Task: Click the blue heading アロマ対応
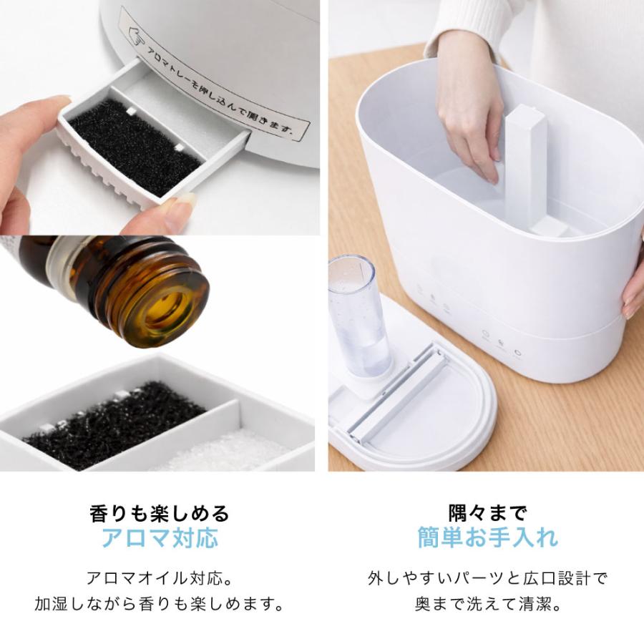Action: (160, 537)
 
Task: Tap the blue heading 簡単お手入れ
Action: (487, 537)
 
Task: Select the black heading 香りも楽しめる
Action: (160, 512)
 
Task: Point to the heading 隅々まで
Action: (487, 512)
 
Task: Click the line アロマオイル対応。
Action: (160, 577)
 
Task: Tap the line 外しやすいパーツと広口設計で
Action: (487, 577)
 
